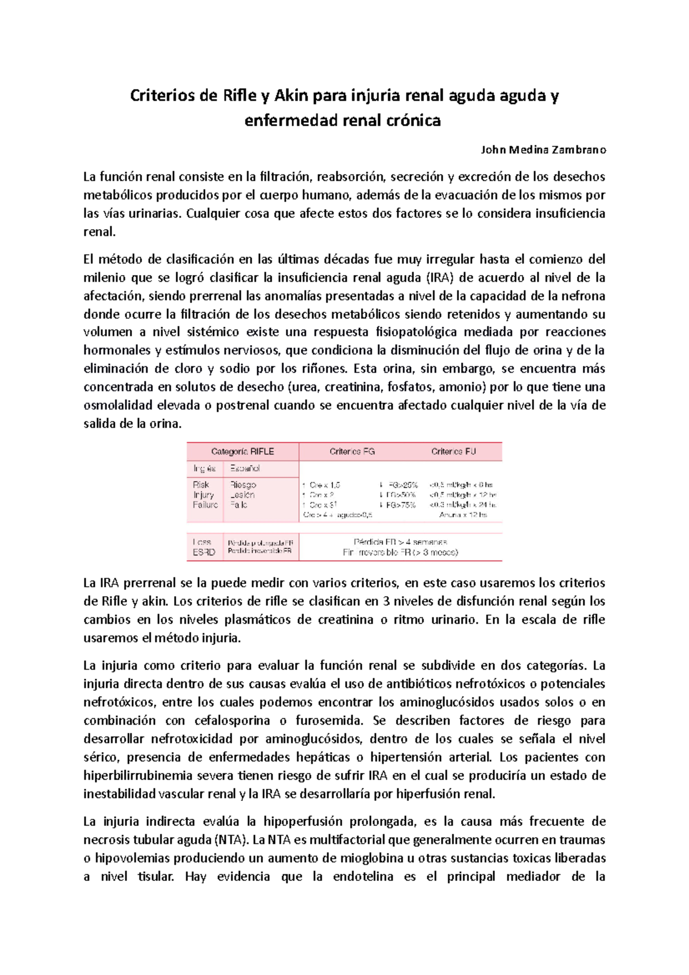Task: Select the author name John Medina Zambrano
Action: [543, 150]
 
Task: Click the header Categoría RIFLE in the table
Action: [242, 451]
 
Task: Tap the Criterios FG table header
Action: [352, 451]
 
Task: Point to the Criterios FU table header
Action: [454, 451]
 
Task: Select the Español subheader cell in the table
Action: [245, 469]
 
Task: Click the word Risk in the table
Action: [201, 485]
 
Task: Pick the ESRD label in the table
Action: [204, 552]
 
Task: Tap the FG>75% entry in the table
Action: [401, 505]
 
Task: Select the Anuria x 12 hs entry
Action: [463, 514]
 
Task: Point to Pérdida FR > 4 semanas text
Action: [400, 541]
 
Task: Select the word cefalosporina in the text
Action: [232, 721]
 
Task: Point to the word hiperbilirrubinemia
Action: [138, 776]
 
